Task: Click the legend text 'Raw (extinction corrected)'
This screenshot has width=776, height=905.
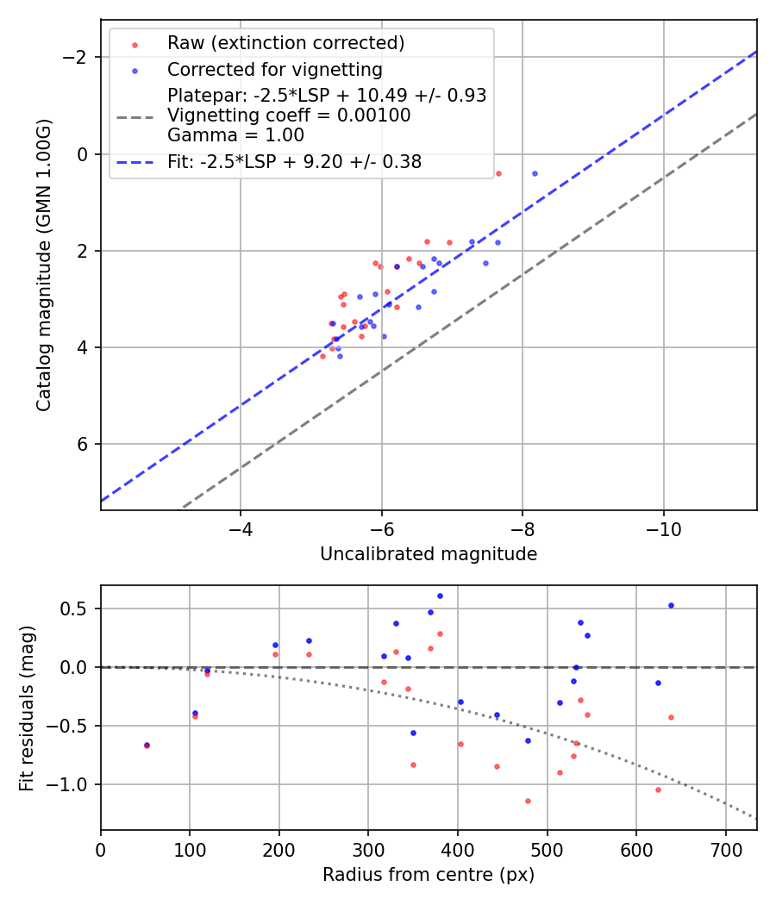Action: (x=285, y=43)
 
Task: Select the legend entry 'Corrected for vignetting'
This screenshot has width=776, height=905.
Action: (x=274, y=69)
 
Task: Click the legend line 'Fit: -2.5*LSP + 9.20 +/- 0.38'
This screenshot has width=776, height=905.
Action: (x=134, y=161)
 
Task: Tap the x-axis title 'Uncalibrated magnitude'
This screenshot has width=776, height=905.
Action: (x=429, y=554)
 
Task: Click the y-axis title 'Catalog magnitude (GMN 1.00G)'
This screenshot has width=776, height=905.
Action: (x=45, y=265)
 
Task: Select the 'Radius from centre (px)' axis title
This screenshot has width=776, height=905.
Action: (x=429, y=875)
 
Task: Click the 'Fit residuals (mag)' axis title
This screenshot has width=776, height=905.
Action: (x=28, y=708)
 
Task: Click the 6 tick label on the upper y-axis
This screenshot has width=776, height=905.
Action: (x=84, y=444)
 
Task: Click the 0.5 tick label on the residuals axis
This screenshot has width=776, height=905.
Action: (x=78, y=609)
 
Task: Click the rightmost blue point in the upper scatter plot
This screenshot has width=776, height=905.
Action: (x=535, y=173)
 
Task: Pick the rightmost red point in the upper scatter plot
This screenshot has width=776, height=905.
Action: (x=498, y=173)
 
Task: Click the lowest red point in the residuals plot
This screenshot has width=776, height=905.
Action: (x=528, y=801)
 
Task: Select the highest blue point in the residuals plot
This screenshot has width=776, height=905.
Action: (x=440, y=596)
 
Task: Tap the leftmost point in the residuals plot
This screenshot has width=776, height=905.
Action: (x=147, y=745)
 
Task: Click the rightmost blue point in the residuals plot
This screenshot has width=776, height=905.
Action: (x=671, y=605)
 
